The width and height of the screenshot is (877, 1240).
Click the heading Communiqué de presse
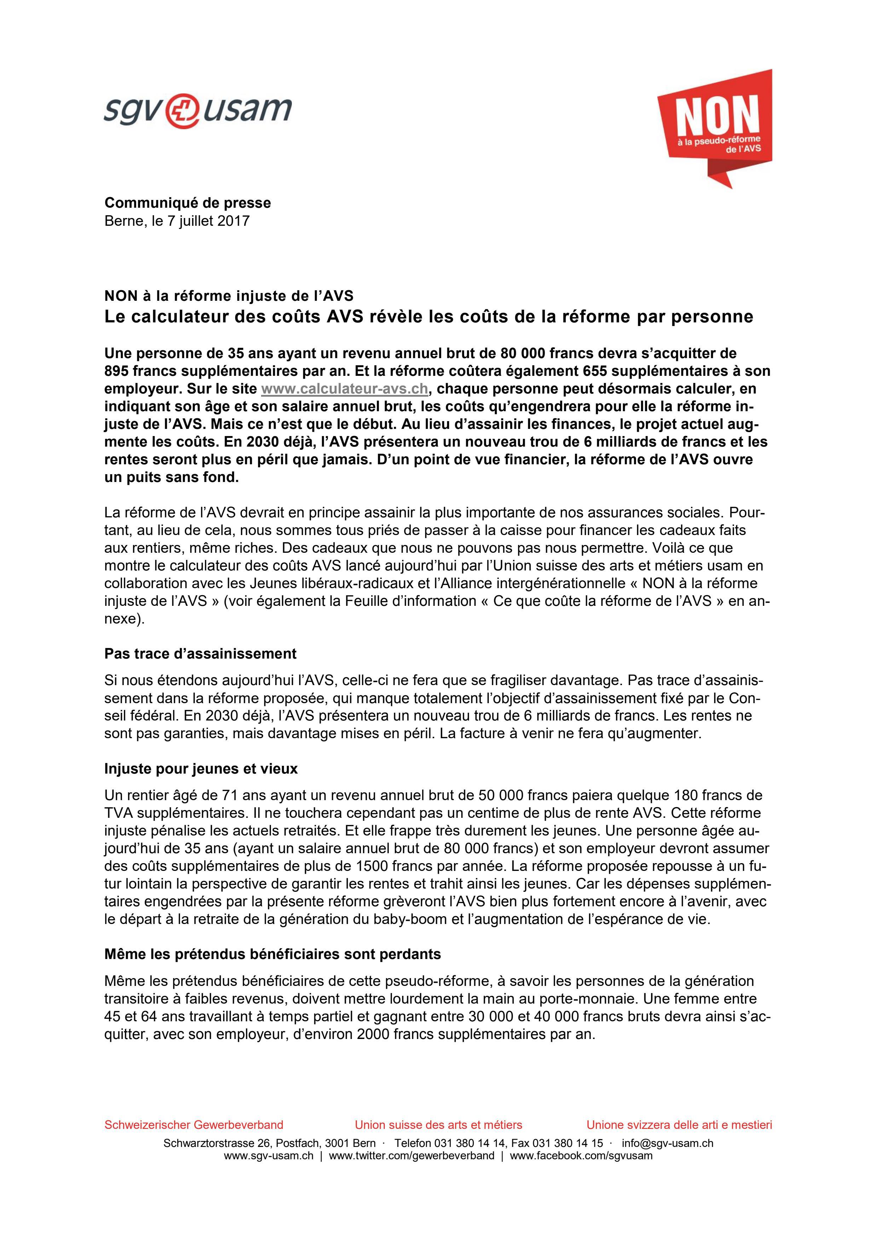tap(187, 203)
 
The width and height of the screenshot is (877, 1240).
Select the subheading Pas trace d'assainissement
tap(200, 654)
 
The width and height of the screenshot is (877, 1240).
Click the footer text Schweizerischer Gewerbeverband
tap(194, 1125)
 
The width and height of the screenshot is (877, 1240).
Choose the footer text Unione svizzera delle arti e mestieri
tap(679, 1125)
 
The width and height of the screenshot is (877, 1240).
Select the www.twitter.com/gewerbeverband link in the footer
tap(411, 1156)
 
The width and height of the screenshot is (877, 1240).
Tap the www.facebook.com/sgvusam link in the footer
tap(581, 1156)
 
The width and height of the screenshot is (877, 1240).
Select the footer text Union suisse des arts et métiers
tap(439, 1125)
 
